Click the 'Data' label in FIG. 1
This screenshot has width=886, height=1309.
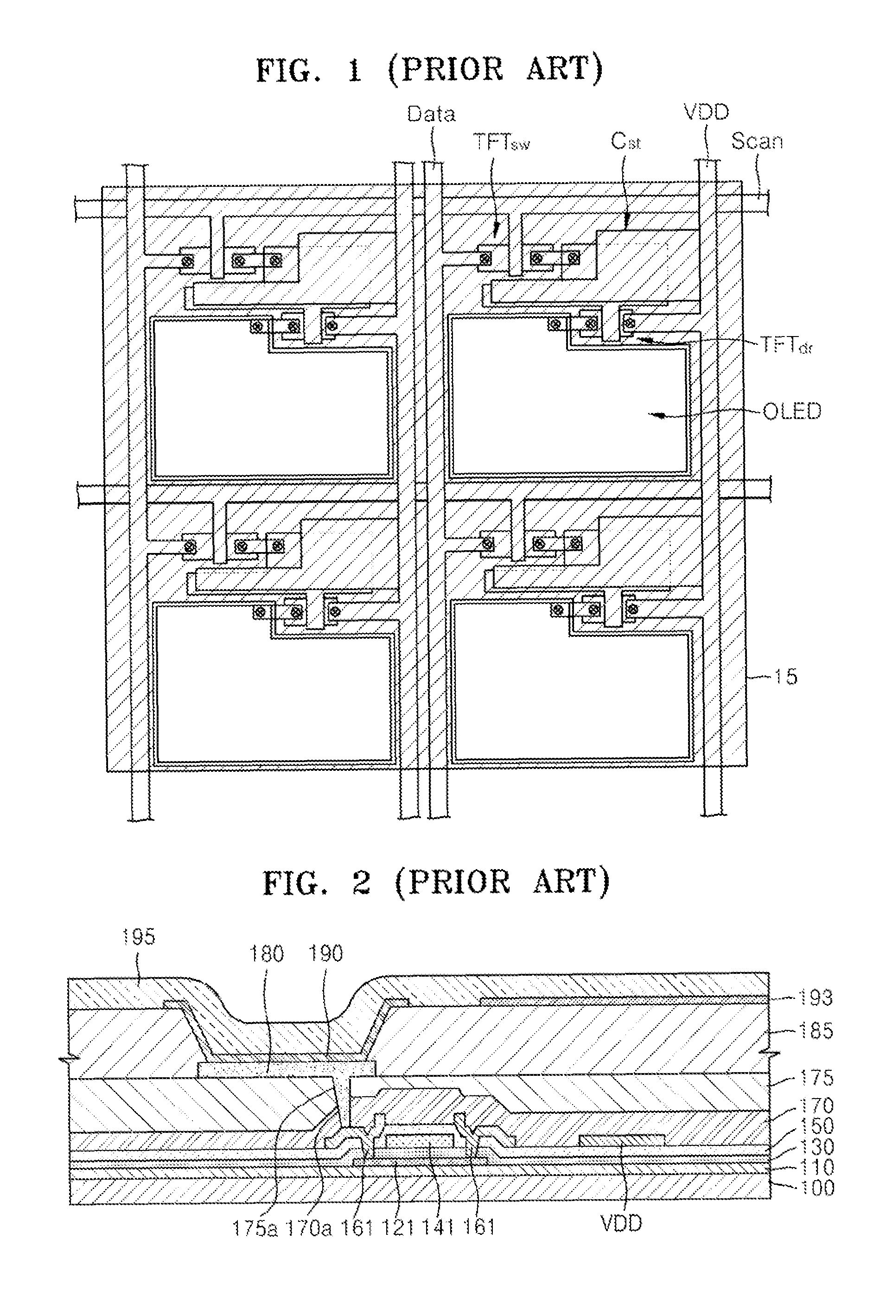(x=431, y=114)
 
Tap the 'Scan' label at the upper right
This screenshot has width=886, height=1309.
(x=757, y=141)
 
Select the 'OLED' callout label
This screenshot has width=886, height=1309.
(x=792, y=412)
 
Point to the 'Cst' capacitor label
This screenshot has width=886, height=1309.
(x=626, y=141)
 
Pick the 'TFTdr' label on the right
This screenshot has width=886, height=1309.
(x=786, y=345)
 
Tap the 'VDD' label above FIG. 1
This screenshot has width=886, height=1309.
(x=706, y=113)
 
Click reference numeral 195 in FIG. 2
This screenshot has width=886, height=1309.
(x=139, y=937)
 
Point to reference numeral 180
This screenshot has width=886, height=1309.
(x=267, y=954)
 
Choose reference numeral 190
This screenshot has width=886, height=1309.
(x=326, y=953)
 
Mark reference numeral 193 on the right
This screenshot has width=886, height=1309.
(x=816, y=998)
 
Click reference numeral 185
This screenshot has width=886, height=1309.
(x=816, y=1031)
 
